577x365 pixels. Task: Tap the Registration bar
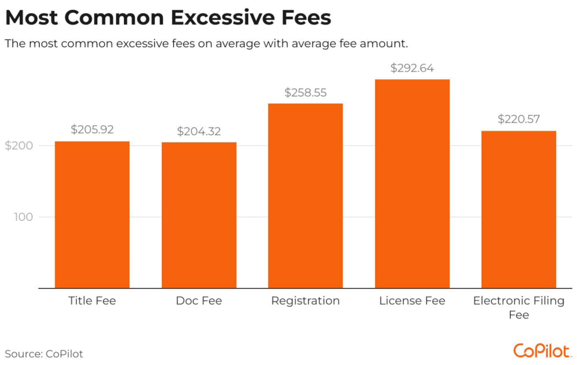coord(305,196)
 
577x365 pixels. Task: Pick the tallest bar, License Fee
coord(412,184)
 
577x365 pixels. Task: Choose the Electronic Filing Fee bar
coord(518,209)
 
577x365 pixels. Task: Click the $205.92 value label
coord(92,129)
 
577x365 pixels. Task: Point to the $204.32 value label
coord(199,131)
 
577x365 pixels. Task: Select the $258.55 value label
coord(305,93)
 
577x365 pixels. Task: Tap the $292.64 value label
coord(412,68)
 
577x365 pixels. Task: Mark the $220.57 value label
coord(518,119)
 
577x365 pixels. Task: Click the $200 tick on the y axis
coord(19,145)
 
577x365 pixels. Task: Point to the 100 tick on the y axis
coord(23,217)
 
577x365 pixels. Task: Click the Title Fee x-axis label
coord(92,300)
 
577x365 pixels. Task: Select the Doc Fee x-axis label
coord(199,300)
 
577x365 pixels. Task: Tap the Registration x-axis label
coord(305,300)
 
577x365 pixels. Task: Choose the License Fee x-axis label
coord(412,300)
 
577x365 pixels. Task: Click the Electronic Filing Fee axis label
coord(518,307)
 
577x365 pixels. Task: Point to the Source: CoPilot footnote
coord(44,354)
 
